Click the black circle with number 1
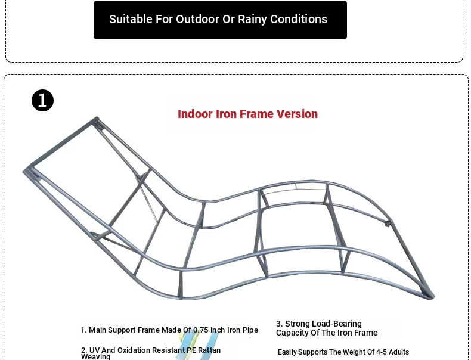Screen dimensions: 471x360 (42, 100)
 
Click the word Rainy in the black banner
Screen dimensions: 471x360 (252, 20)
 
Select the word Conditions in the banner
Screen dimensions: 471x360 (299, 19)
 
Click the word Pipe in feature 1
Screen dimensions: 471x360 (252, 330)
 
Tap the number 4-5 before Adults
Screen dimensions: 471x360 (382, 352)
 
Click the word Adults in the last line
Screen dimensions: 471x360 (399, 352)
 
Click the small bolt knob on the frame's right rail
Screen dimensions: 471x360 (388, 224)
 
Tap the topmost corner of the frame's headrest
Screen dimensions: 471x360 (97, 117)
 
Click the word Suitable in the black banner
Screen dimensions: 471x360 (131, 19)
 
